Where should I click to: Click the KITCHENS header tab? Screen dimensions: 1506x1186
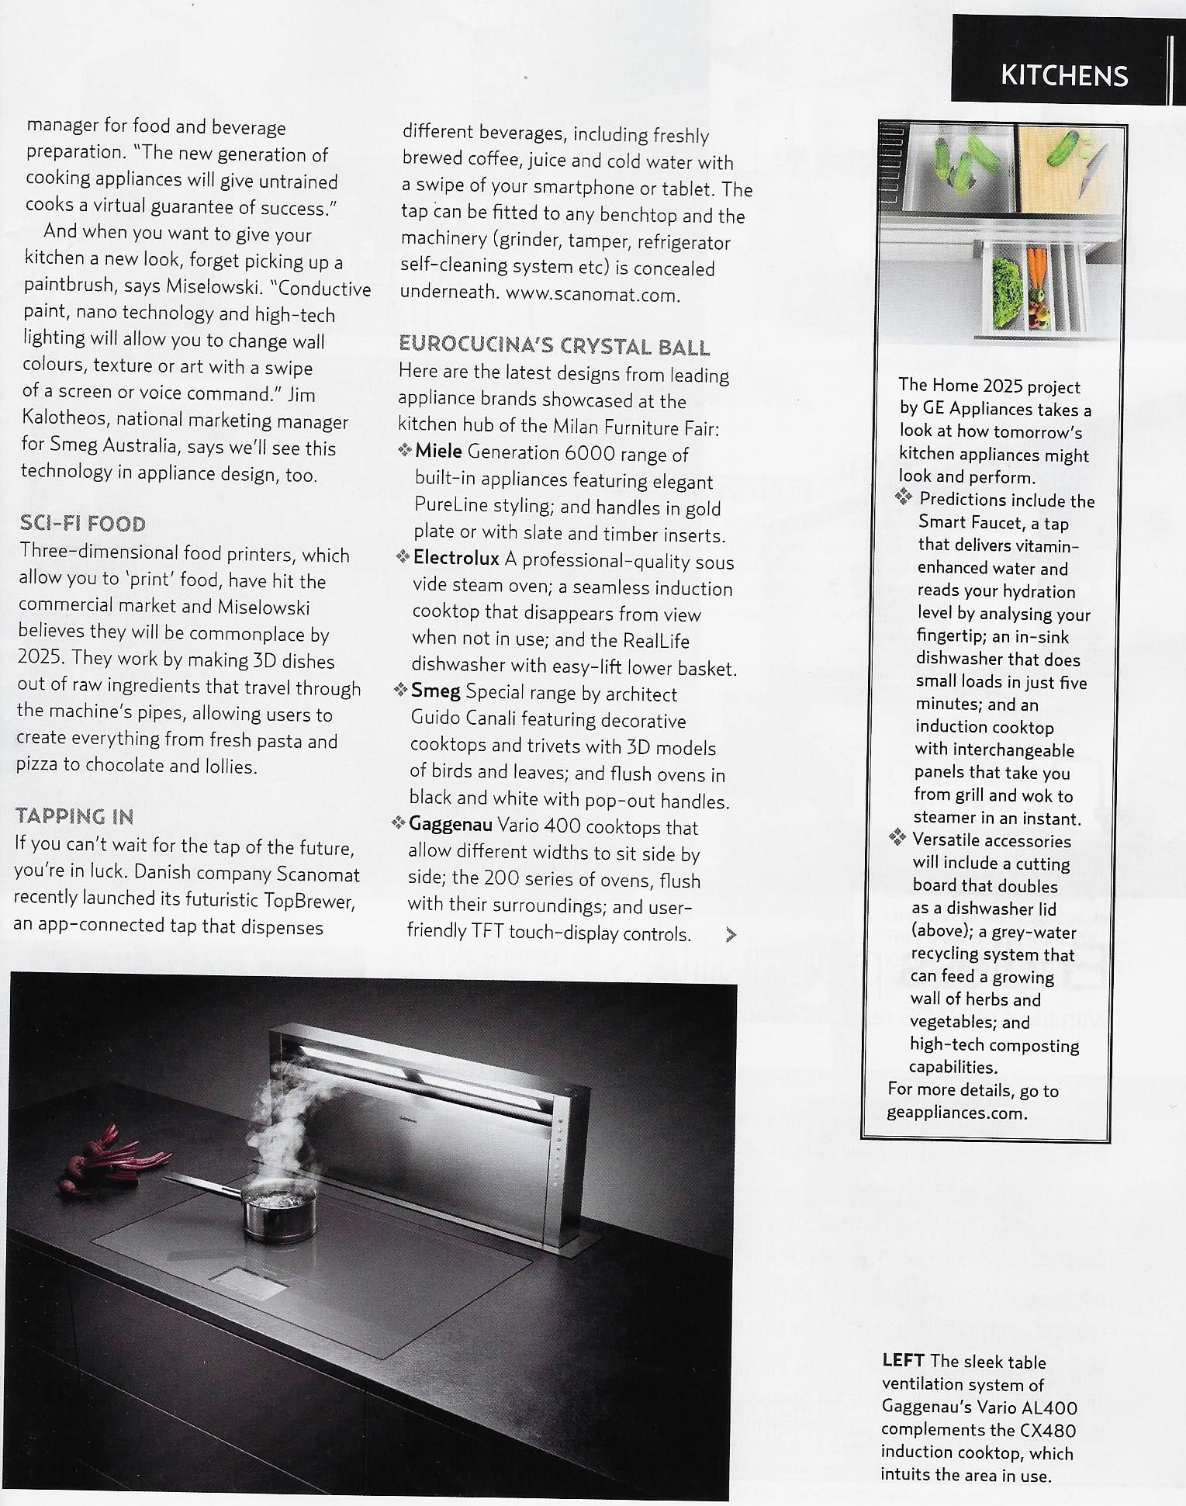coord(1063,75)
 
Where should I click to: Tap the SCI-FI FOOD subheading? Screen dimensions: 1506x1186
coord(83,525)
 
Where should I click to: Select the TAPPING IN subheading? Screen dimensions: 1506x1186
coord(74,816)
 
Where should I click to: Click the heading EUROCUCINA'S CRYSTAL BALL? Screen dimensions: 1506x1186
coord(554,347)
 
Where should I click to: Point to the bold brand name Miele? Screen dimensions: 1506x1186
coord(438,452)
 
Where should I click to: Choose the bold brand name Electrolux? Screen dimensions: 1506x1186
coord(456,558)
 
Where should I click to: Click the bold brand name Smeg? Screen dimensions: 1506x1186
coord(435,691)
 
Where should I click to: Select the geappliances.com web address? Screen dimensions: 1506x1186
coord(957,1113)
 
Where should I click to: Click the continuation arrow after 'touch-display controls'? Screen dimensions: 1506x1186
coord(730,935)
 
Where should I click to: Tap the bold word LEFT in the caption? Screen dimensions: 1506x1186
coord(903,1361)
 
